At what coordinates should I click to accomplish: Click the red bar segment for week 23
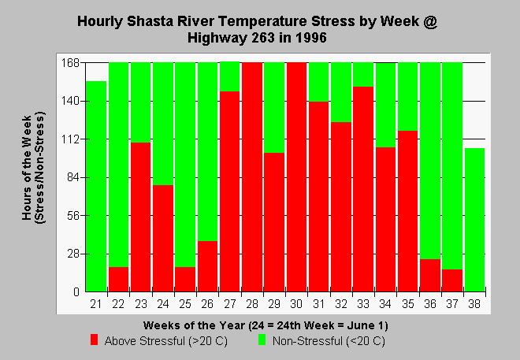point(140,217)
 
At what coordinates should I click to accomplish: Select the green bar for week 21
point(96,187)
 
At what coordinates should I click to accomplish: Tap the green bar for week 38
point(474,220)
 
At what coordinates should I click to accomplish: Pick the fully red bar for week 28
point(252,177)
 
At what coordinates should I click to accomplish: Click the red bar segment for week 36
point(430,276)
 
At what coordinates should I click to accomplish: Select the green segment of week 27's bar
point(229,76)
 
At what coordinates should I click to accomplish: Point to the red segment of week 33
point(363,189)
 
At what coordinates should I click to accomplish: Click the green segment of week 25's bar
point(185,165)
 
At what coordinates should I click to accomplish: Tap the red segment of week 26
point(207,266)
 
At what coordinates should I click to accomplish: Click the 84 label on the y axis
point(73,178)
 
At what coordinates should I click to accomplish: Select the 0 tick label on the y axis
point(76,292)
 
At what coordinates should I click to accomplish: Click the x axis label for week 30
point(296,304)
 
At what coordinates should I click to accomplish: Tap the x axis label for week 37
point(452,304)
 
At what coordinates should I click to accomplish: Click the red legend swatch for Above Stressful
point(95,340)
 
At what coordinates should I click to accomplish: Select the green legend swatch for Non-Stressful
point(262,340)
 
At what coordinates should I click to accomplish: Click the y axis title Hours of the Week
point(28,168)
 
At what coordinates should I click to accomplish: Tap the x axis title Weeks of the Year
point(194,325)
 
